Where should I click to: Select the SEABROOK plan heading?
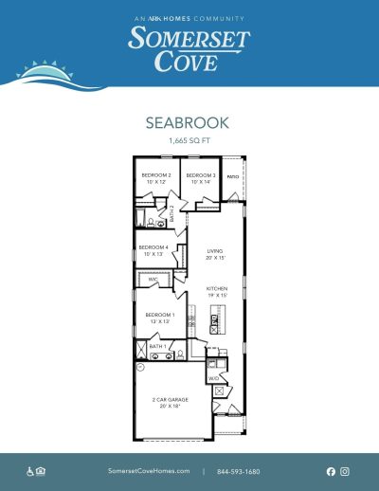click(189, 123)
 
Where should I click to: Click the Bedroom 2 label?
click(156, 177)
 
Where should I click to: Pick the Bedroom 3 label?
click(201, 177)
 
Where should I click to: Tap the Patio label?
click(232, 176)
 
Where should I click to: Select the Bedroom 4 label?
click(153, 251)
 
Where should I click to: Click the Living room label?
click(215, 254)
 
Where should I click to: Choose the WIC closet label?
click(153, 281)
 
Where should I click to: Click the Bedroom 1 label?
click(157, 318)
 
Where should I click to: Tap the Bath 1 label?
click(157, 347)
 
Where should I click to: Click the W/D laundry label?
click(215, 377)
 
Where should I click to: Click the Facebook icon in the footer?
click(331, 471)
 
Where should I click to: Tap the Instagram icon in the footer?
click(345, 471)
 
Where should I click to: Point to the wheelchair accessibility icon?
click(30, 471)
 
